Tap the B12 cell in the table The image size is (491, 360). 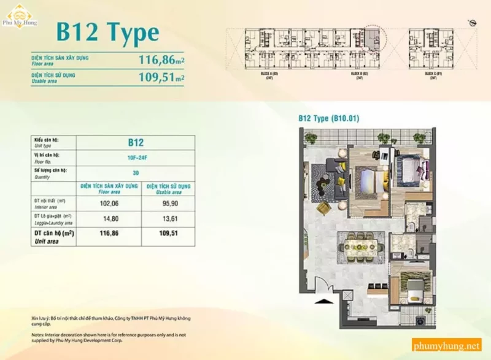coord(136,143)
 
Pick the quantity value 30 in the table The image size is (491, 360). coord(136,173)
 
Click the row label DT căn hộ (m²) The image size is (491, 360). coord(54,234)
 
